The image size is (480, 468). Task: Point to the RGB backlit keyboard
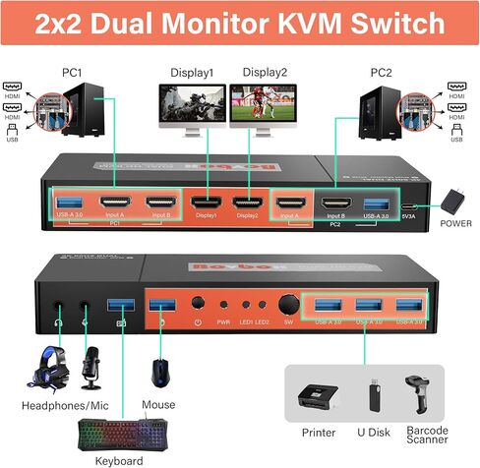[x=123, y=432]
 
